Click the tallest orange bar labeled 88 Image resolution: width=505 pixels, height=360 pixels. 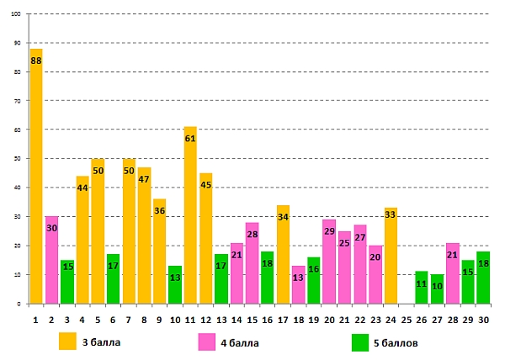click(x=36, y=177)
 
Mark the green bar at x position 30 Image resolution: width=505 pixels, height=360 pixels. click(x=483, y=278)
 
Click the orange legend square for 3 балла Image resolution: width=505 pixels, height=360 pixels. click(x=67, y=341)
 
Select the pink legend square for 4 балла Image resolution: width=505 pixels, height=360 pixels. click(x=207, y=341)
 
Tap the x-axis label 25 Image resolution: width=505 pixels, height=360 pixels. click(x=406, y=319)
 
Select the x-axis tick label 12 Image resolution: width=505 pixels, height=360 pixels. click(x=205, y=319)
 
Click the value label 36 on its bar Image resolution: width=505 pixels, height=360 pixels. click(x=159, y=211)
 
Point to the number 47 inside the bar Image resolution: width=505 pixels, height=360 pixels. click(x=144, y=179)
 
